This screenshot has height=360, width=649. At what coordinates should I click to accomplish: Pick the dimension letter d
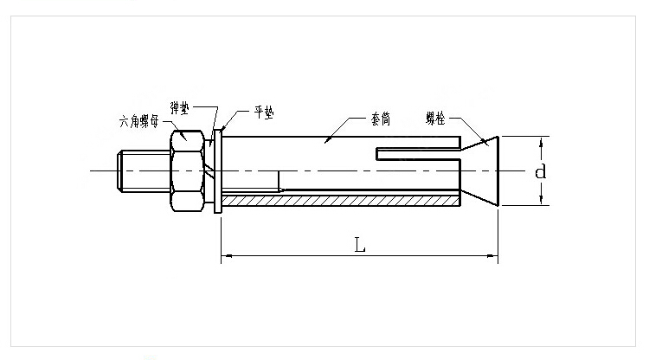pyautogui.click(x=540, y=171)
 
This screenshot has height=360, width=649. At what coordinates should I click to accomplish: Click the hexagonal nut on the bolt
pyautogui.click(x=188, y=170)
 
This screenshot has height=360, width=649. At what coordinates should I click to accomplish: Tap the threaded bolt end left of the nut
pyautogui.click(x=130, y=170)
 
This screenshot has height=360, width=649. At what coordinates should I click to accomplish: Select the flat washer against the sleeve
pyautogui.click(x=218, y=170)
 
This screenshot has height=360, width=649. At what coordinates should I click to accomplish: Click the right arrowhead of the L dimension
pyautogui.click(x=494, y=255)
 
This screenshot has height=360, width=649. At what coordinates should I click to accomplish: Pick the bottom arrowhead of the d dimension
pyautogui.click(x=543, y=202)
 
